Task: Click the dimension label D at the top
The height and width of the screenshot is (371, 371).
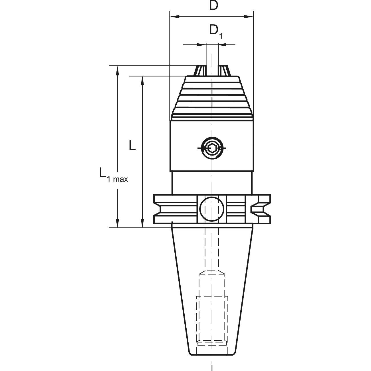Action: (x=214, y=5)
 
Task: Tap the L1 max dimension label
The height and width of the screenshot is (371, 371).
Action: (x=114, y=175)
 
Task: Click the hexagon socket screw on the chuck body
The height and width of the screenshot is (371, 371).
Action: (x=212, y=148)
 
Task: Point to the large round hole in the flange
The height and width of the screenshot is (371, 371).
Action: (x=212, y=209)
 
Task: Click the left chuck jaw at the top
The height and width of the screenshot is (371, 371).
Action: (x=199, y=70)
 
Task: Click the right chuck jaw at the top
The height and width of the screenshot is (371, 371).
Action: (x=224, y=70)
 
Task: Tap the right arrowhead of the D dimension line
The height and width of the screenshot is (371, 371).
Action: (x=248, y=17)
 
